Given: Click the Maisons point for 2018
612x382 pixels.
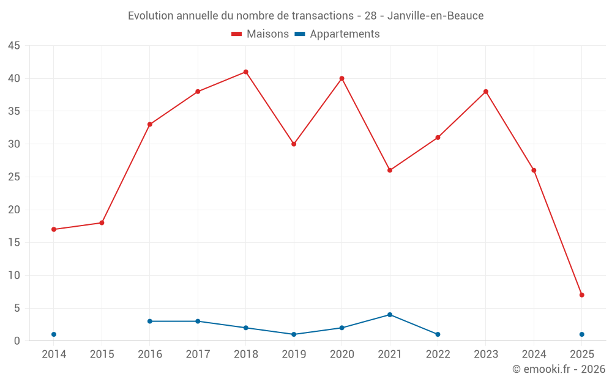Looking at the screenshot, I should coord(245,72).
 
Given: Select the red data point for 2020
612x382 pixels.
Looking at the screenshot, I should coord(341,78).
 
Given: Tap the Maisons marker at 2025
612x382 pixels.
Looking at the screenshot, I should coord(581,295).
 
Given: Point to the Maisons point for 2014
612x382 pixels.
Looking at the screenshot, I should coord(54,229).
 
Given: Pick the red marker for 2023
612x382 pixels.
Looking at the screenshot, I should coord(485,92).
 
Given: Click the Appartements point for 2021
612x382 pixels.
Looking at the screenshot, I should coord(390,315).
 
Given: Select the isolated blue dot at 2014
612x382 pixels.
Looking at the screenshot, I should coord(54,334).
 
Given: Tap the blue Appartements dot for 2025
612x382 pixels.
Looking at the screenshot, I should coord(581,334).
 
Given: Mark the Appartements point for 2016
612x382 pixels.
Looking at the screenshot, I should coord(149,321).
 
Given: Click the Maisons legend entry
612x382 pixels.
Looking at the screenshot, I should coord(260,34).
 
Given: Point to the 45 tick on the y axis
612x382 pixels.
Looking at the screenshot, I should coord(14,46).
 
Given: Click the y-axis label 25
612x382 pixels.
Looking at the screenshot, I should coord(14,177).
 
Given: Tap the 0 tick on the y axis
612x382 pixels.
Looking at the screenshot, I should coord(17,341).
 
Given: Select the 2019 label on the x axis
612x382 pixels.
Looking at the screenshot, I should coord(294,354).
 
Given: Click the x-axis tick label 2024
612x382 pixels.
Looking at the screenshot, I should coord(534,354).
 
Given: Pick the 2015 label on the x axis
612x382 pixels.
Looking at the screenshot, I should coord(102,354).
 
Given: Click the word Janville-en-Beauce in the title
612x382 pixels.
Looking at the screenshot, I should coord(435,16).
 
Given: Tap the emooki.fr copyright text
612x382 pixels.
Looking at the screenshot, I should coord(558,369).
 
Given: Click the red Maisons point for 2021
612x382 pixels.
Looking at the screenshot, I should coord(390,170).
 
